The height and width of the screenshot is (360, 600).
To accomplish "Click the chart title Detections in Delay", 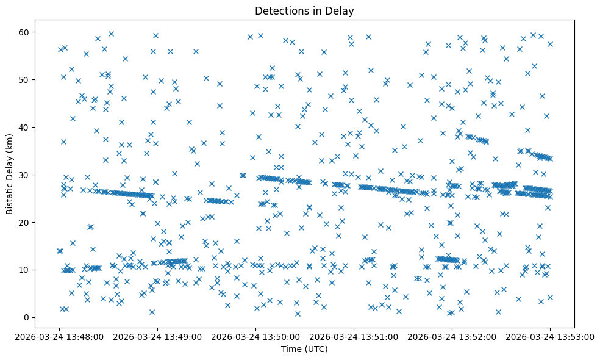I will [304, 10].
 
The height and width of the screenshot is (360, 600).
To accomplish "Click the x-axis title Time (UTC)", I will [304, 349].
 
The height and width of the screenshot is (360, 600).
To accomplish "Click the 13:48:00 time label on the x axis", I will [59, 336].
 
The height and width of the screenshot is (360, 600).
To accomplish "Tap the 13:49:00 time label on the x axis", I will [157, 336].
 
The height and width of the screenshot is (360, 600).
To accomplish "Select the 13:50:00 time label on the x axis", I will [255, 336].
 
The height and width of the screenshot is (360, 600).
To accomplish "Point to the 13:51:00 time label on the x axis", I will [354, 336].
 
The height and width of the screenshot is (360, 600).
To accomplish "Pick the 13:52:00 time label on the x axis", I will [452, 336].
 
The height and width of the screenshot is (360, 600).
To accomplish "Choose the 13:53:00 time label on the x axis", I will [550, 336].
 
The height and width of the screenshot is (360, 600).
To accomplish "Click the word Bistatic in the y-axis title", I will [10, 193].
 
